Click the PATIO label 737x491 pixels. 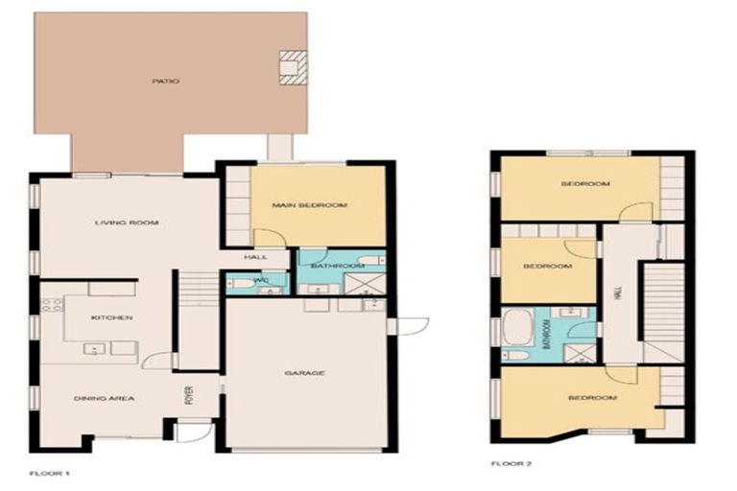pyautogui.click(x=165, y=82)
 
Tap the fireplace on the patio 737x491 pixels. pyautogui.click(x=293, y=67)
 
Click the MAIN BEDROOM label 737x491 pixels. pyautogui.click(x=308, y=205)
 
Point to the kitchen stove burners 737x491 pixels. pyautogui.click(x=51, y=316)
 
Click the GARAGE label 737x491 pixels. pyautogui.click(x=304, y=374)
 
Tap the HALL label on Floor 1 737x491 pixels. pyautogui.click(x=255, y=257)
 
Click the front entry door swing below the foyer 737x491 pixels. pyautogui.click(x=191, y=431)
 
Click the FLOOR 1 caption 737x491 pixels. pyautogui.click(x=50, y=473)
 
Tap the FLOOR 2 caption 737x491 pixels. pyautogui.click(x=511, y=463)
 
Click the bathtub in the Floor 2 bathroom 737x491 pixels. pyautogui.click(x=518, y=328)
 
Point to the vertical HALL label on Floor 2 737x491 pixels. pyautogui.click(x=619, y=294)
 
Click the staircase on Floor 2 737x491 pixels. pyautogui.click(x=662, y=302)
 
